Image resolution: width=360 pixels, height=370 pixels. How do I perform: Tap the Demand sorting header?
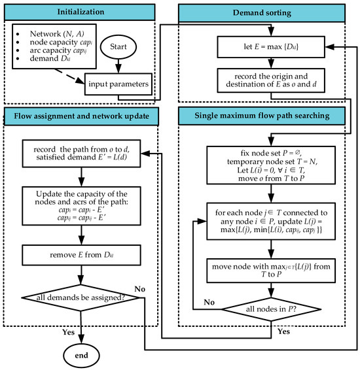coord(267,12)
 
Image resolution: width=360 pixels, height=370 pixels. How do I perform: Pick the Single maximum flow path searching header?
coord(267,118)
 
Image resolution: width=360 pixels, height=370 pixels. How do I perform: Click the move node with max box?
coord(268,267)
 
